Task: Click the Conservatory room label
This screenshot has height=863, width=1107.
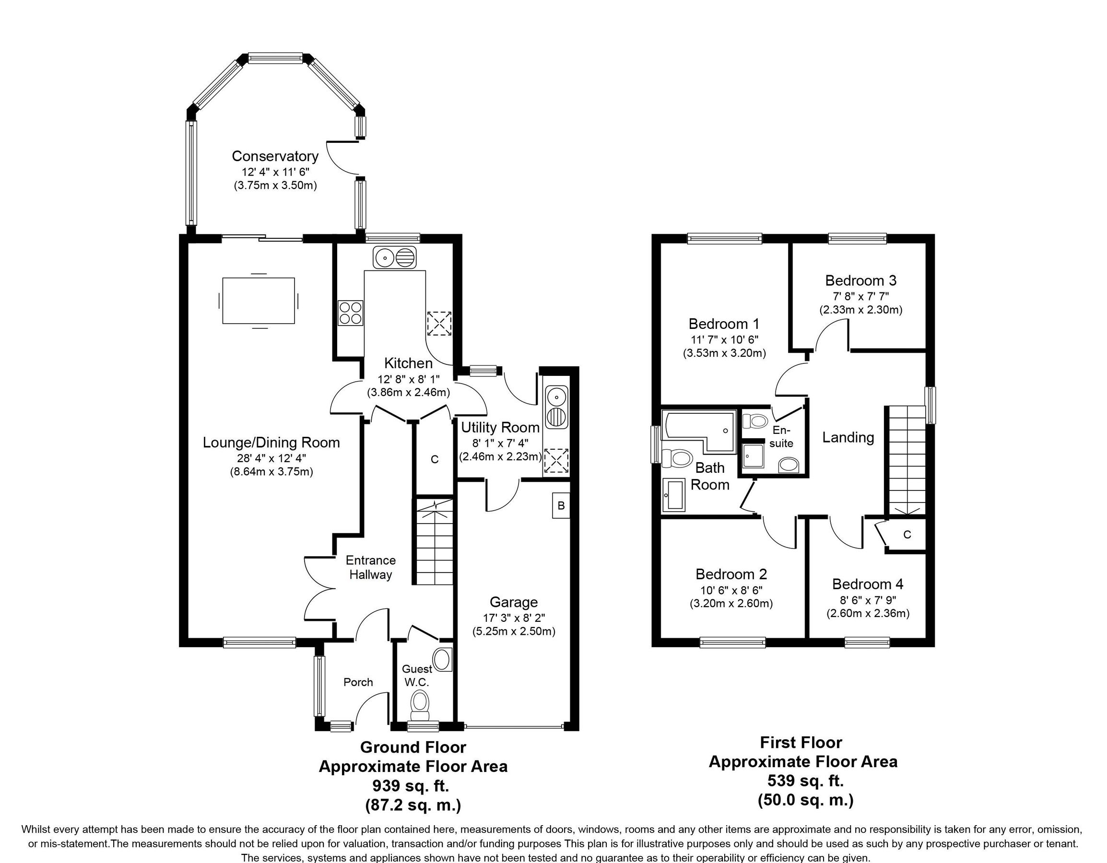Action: pyautogui.click(x=275, y=156)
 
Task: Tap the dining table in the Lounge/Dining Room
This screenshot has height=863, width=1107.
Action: pyautogui.click(x=259, y=301)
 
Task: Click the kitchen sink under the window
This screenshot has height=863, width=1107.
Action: pyautogui.click(x=394, y=257)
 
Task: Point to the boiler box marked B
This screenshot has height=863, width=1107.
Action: pyautogui.click(x=561, y=505)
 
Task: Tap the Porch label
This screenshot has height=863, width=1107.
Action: pyautogui.click(x=358, y=682)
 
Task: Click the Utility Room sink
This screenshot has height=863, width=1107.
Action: pyautogui.click(x=556, y=408)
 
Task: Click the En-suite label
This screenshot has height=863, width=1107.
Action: pyautogui.click(x=781, y=436)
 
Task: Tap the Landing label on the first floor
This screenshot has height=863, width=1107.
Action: pyautogui.click(x=848, y=437)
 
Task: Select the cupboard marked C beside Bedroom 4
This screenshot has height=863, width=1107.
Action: pyautogui.click(x=907, y=534)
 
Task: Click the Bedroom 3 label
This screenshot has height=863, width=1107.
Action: pyautogui.click(x=860, y=280)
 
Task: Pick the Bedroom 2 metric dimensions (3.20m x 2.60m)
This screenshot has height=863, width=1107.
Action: pyautogui.click(x=731, y=604)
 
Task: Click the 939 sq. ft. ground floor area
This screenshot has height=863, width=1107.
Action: pyautogui.click(x=411, y=786)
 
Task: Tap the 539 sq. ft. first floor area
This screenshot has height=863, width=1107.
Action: pyautogui.click(x=805, y=781)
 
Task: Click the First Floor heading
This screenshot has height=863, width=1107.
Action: pyautogui.click(x=801, y=742)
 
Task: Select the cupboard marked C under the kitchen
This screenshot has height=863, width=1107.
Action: pyautogui.click(x=435, y=459)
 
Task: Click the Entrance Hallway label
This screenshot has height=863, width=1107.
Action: pyautogui.click(x=371, y=567)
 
